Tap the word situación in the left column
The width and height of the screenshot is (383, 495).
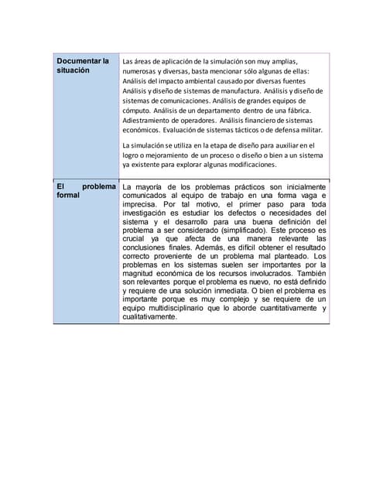tap(73, 70)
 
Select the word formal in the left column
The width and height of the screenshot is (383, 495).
tap(68, 196)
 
